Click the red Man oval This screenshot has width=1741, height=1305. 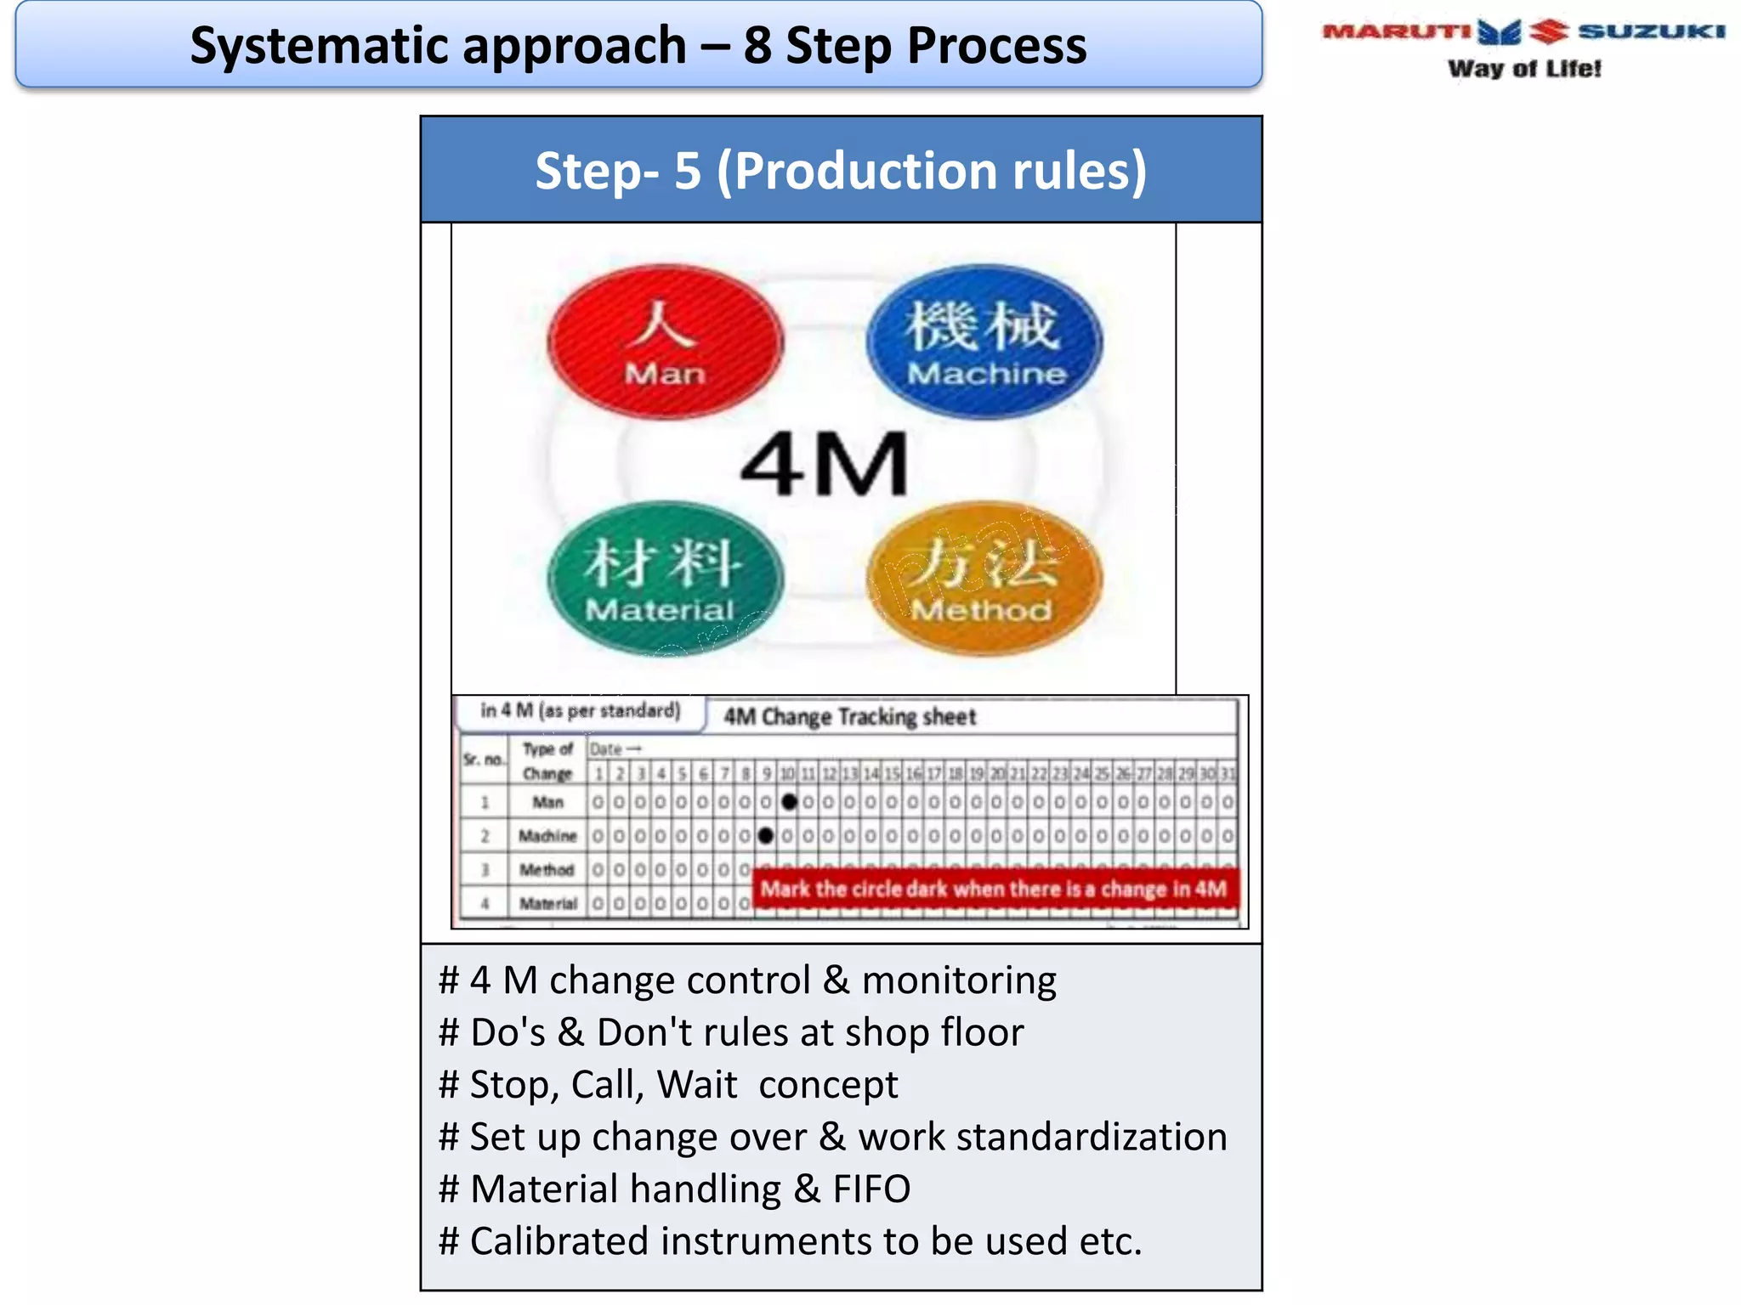tap(665, 342)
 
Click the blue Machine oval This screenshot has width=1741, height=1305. tap(984, 342)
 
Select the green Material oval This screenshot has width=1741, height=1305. tap(664, 579)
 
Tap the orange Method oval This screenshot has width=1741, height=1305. tap(984, 579)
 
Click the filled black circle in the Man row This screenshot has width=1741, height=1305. tap(789, 801)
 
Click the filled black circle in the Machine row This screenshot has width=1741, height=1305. tap(766, 836)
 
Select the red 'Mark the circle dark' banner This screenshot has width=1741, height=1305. tap(994, 889)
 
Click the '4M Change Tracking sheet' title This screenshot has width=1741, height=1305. tap(849, 717)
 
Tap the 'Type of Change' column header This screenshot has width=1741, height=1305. tap(547, 761)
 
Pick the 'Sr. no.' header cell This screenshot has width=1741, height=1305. tap(484, 759)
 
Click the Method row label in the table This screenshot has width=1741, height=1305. tap(547, 870)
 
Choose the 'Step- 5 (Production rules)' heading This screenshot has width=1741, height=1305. tap(841, 171)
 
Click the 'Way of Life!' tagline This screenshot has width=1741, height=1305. tap(1524, 69)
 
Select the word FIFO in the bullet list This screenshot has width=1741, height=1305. tap(871, 1189)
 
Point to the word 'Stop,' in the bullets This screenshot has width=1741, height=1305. tap(513, 1085)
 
